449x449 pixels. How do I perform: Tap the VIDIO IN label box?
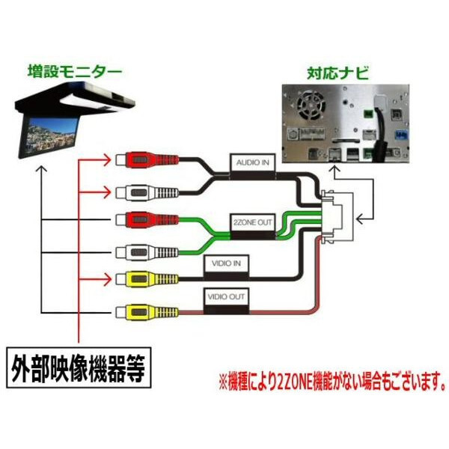tap(225, 264)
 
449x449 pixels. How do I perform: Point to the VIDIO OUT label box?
tap(226, 296)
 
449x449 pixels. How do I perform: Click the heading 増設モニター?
tap(64, 73)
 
